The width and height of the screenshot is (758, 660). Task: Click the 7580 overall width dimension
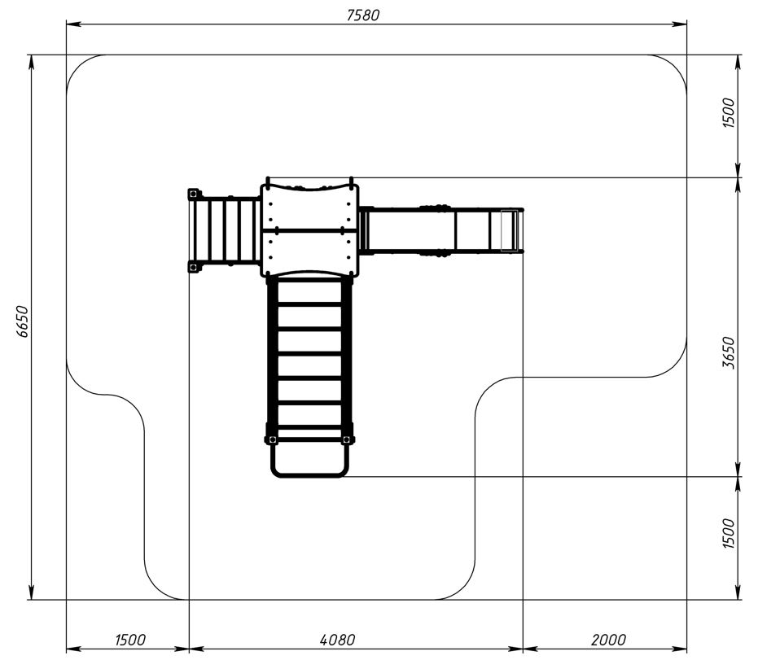pyautogui.click(x=363, y=15)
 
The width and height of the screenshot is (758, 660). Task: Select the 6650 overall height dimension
pyautogui.click(x=22, y=321)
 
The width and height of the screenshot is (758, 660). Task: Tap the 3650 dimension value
pyautogui.click(x=729, y=352)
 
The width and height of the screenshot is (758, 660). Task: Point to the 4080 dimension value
pyautogui.click(x=337, y=640)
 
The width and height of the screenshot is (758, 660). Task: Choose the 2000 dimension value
pyautogui.click(x=608, y=640)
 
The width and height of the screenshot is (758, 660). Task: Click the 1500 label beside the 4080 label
pyautogui.click(x=130, y=640)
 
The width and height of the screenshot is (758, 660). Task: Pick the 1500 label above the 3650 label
pyautogui.click(x=729, y=112)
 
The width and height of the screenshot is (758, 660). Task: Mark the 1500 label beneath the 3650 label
pyautogui.click(x=729, y=533)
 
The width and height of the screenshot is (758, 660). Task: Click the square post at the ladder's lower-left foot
pyautogui.click(x=272, y=439)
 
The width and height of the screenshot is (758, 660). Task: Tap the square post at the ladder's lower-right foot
pyautogui.click(x=346, y=439)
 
